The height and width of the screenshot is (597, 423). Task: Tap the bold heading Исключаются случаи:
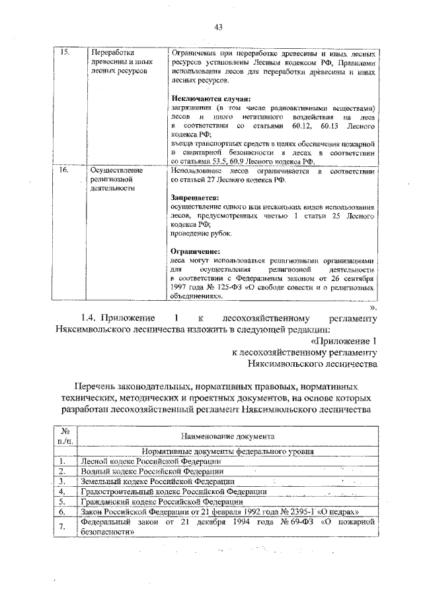202,99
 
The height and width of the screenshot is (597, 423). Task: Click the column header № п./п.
65,437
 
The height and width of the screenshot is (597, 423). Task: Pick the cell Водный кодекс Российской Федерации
151,472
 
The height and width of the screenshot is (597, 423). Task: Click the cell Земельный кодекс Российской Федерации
156,482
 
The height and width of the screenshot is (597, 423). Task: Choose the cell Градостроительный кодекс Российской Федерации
173,492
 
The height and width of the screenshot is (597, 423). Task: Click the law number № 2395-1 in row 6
300,511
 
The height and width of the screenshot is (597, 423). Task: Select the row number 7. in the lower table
61,526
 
